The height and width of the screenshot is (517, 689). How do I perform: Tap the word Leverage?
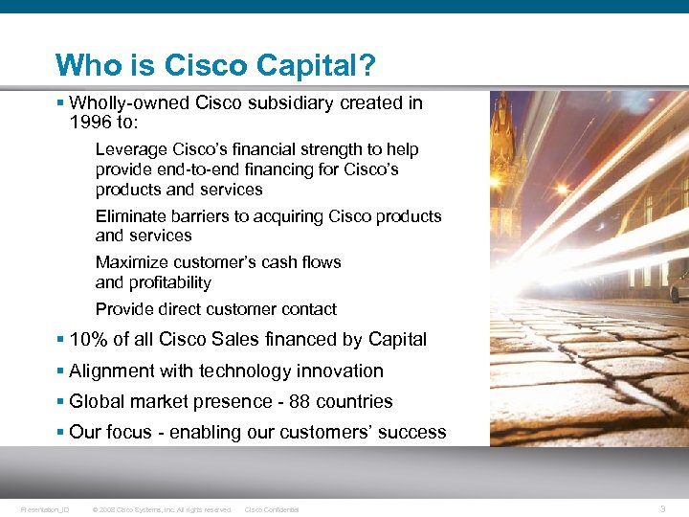(132, 149)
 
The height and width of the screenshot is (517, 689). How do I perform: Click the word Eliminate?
(131, 216)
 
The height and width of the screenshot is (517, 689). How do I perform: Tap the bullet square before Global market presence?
(60, 401)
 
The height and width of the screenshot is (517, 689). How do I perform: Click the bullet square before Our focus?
(60, 432)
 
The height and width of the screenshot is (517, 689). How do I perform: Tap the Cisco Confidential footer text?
(272, 509)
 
